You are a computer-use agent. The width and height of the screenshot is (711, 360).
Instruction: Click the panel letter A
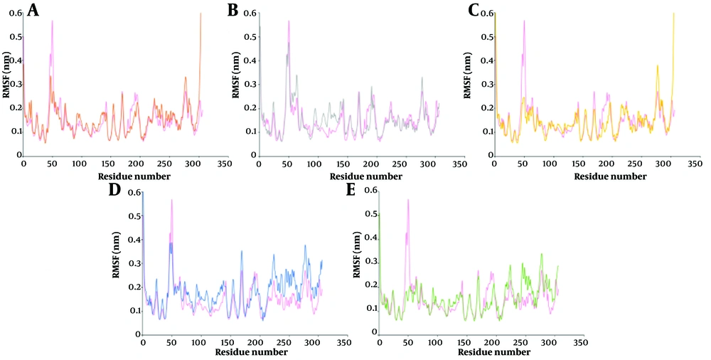[32, 11]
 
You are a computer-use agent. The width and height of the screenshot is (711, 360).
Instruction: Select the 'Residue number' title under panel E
[465, 351]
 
